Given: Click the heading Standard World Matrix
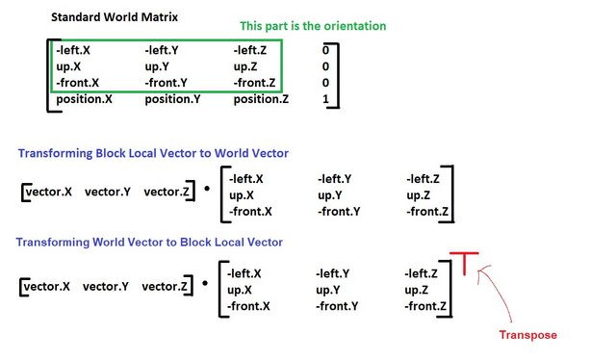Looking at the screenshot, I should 113,17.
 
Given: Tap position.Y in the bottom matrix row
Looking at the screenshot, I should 176,99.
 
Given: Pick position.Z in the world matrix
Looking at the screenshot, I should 261,99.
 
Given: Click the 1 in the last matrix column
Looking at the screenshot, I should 326,99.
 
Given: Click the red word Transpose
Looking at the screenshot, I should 527,335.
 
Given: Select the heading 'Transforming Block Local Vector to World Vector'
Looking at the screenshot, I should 151,154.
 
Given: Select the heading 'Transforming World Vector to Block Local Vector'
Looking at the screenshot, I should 151,242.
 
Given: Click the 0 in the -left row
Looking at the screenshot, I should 326,50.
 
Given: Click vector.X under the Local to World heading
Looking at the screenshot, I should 49,193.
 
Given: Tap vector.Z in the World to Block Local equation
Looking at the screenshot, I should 165,286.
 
